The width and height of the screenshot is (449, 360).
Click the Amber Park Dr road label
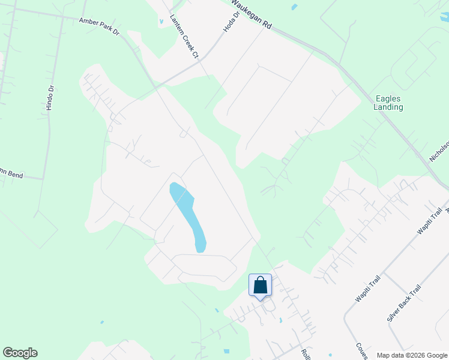100,25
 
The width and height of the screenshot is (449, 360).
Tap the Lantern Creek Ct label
184,36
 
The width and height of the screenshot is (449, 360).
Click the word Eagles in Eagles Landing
388,98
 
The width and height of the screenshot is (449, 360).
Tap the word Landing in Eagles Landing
388,107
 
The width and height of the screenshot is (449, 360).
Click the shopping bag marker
260,285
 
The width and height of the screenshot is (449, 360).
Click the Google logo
20,353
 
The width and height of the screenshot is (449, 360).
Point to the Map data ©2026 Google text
412,355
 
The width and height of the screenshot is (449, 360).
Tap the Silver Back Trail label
404,304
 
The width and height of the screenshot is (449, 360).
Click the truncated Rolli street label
304,353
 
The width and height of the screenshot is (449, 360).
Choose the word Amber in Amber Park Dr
89,22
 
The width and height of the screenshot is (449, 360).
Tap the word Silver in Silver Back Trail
394,314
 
